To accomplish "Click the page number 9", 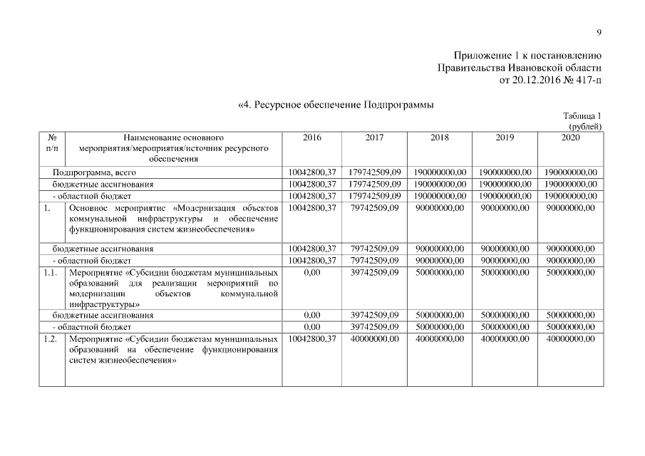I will point(599,32).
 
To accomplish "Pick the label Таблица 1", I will point(582,116).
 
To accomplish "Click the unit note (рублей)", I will point(585,126).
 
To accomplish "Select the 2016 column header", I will point(311,137).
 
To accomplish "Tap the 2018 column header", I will point(440,137).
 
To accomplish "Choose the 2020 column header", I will point(570,137).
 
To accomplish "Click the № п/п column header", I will point(52,142).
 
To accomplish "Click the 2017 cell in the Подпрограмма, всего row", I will point(375,172).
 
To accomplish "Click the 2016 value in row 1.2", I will point(311,339).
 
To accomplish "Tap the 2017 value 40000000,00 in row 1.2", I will point(375,339).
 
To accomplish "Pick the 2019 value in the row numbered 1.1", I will point(505,272).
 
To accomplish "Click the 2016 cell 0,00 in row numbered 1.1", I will point(311,272).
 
